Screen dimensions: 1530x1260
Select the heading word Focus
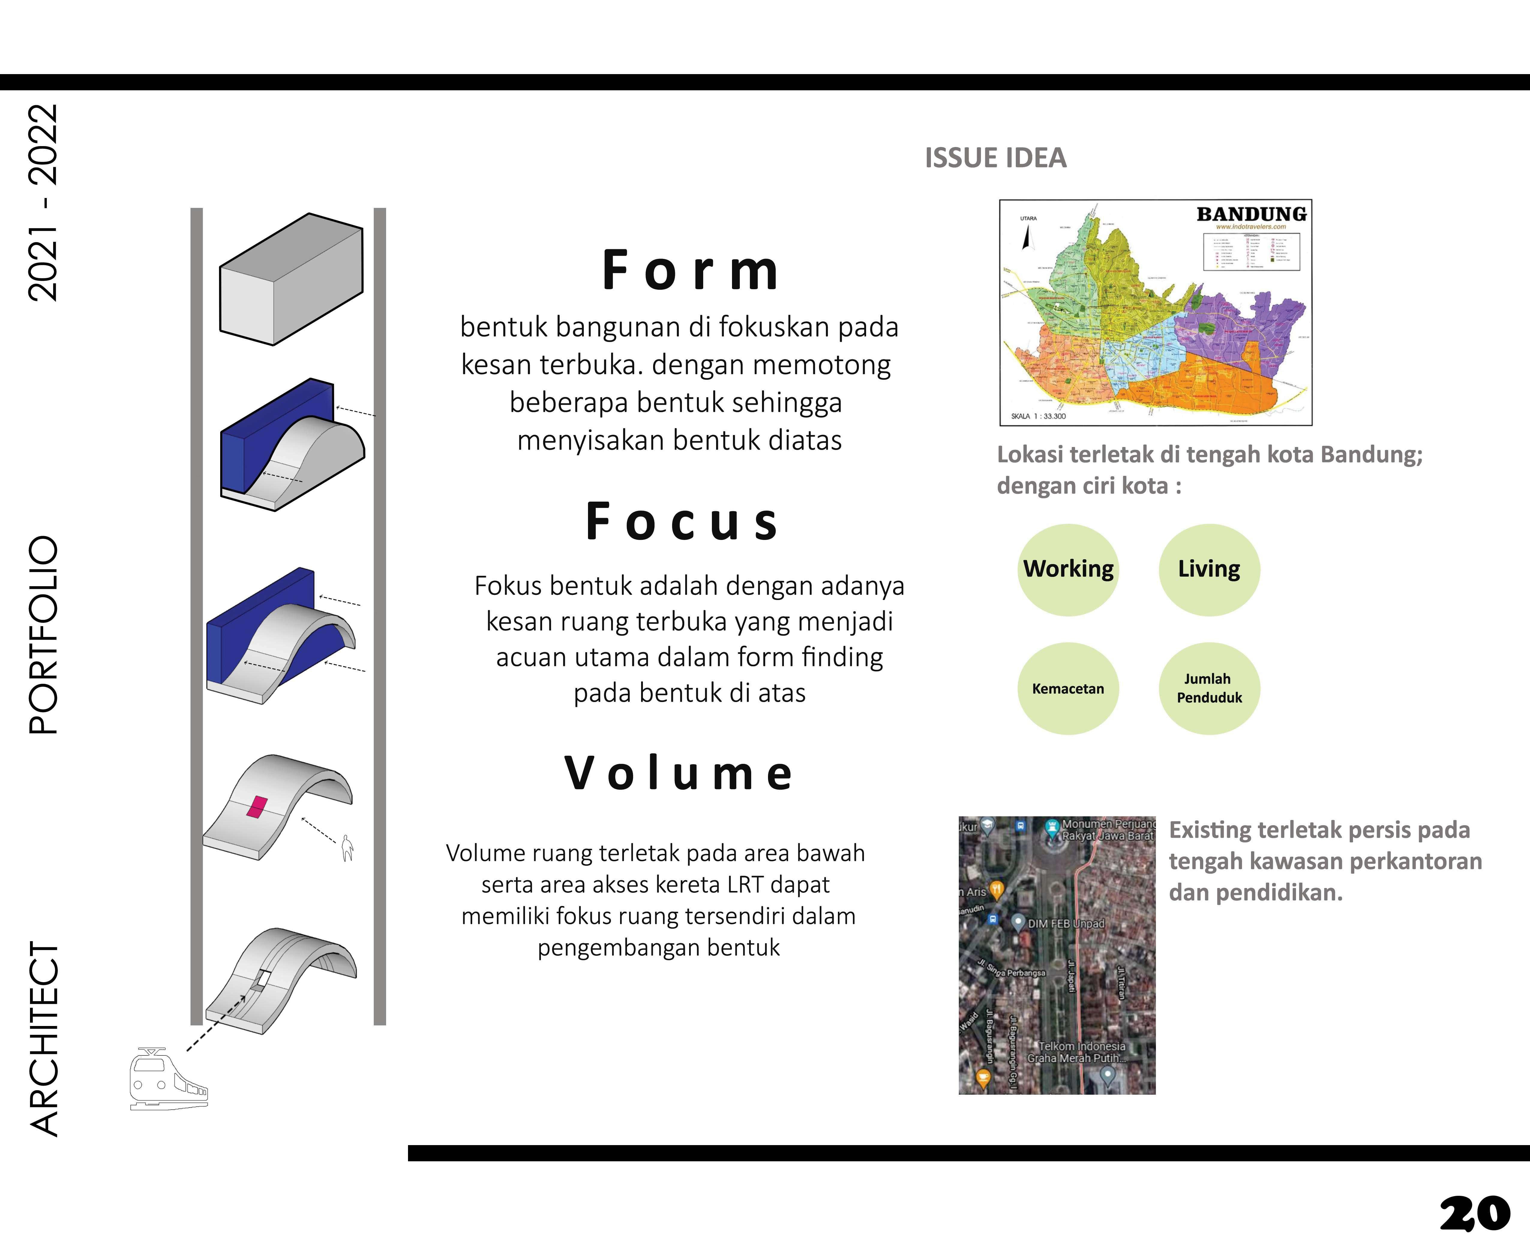(x=682, y=522)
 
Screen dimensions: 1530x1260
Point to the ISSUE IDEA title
(x=995, y=158)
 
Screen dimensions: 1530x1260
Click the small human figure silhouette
(x=348, y=847)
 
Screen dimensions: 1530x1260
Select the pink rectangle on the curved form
(x=257, y=807)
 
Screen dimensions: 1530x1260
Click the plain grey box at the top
(x=291, y=279)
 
